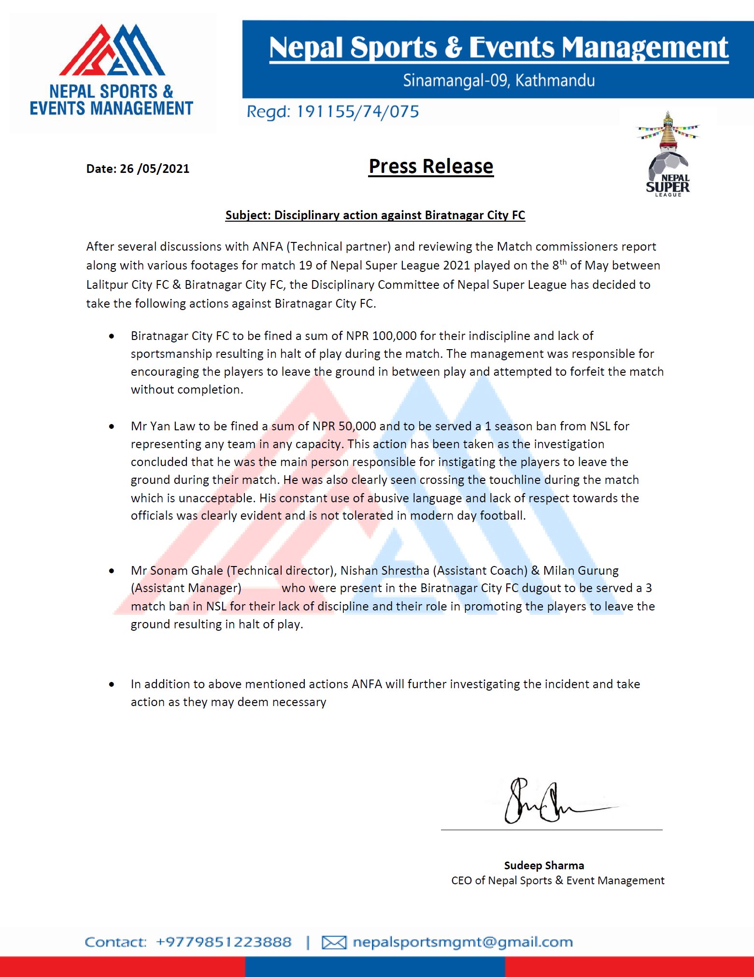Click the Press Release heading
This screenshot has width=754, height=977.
430,166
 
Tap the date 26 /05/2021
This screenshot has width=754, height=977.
154,169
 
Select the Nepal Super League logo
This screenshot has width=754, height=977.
668,155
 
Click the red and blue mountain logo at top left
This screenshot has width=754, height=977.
112,50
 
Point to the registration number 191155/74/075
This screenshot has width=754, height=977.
357,112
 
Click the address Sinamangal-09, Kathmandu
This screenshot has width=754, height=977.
498,80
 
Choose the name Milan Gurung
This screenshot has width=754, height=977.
581,570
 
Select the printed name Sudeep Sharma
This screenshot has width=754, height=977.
544,865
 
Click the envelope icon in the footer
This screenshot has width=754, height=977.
334,942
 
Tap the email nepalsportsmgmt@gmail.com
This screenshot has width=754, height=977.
462,942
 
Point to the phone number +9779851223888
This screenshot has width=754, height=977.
224,942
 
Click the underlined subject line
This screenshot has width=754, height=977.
375,215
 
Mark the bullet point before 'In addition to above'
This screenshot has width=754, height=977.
112,684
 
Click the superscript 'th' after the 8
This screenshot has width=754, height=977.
563,262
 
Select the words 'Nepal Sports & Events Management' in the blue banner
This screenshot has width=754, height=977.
498,47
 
